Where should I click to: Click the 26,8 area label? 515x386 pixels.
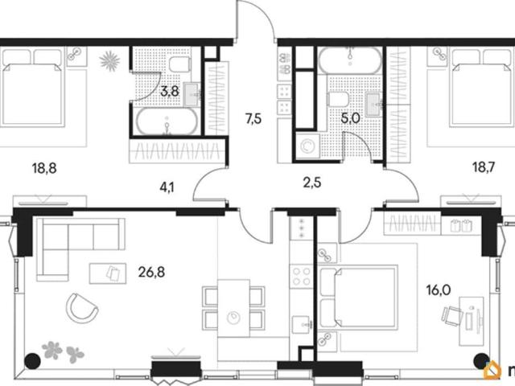151,272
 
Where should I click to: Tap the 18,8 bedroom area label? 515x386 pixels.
44,168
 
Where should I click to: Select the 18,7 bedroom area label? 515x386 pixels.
484,168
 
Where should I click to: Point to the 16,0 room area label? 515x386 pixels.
439,290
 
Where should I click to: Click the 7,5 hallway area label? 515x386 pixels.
253,118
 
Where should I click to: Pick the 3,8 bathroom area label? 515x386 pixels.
170,91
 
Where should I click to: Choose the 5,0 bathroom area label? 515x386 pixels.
351,118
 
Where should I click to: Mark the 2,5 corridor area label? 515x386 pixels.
312,183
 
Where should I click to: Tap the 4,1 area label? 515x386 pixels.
167,187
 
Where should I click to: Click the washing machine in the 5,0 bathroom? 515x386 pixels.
307,146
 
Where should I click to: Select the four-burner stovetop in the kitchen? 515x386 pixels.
302,277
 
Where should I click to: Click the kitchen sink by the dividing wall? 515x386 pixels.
302,325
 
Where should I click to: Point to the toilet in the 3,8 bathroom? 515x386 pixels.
180,64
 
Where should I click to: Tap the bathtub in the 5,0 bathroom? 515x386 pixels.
351,60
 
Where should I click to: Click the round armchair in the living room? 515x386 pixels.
82,308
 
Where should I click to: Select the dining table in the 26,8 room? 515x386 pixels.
233,308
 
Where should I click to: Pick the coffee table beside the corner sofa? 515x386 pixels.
108,273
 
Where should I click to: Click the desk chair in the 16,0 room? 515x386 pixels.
452,315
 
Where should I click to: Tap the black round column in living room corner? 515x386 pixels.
32,361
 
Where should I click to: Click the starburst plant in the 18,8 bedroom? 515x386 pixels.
109,61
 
